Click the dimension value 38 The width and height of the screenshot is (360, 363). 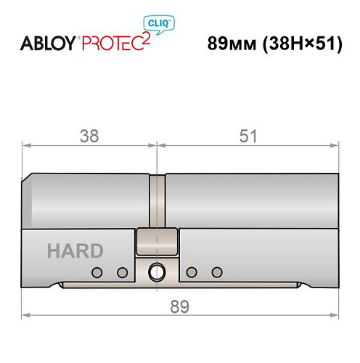pyautogui.click(x=90, y=135)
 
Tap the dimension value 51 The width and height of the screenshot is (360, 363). pyautogui.click(x=247, y=135)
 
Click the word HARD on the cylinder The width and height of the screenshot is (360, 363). pyautogui.click(x=75, y=251)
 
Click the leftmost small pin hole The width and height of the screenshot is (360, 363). pyautogui.click(x=96, y=272)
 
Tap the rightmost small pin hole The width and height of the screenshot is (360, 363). pyautogui.click(x=216, y=272)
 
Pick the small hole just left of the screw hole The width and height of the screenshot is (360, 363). pyautogui.click(x=122, y=272)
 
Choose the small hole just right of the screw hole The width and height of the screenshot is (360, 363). pyautogui.click(x=191, y=272)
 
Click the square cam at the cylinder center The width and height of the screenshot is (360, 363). pyautogui.click(x=157, y=242)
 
